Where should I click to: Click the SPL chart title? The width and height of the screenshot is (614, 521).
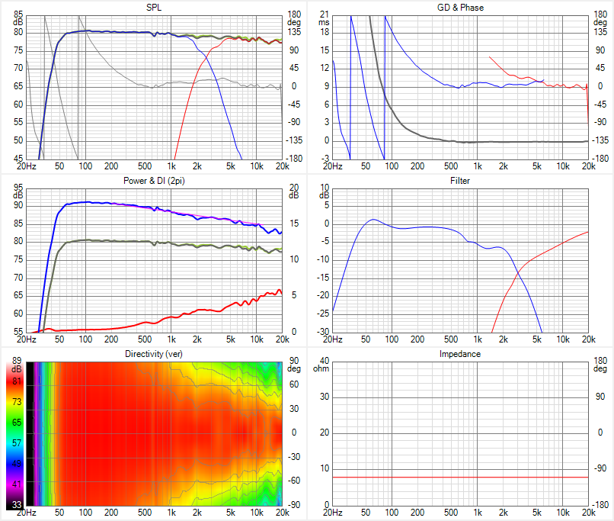pyautogui.click(x=153, y=7)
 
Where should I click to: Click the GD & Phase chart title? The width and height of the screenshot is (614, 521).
pyautogui.click(x=460, y=7)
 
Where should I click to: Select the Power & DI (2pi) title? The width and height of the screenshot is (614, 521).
pyautogui.click(x=153, y=181)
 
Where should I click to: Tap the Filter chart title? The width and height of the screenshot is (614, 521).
pyautogui.click(x=460, y=181)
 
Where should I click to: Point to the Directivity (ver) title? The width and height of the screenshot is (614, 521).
pyautogui.click(x=153, y=354)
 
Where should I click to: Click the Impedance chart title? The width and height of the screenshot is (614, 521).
pyautogui.click(x=460, y=354)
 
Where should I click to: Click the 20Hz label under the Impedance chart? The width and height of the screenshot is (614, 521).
pyautogui.click(x=332, y=512)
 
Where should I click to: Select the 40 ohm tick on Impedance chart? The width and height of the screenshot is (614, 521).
pyautogui.click(x=324, y=361)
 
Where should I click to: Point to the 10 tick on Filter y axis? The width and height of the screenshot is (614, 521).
pyautogui.click(x=324, y=188)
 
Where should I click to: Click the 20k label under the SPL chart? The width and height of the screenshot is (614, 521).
pyautogui.click(x=282, y=166)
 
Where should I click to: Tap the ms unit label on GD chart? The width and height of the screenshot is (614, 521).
pyautogui.click(x=324, y=23)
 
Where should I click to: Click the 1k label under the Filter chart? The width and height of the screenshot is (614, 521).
pyautogui.click(x=478, y=339)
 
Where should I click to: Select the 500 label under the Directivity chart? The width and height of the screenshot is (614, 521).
pyautogui.click(x=146, y=512)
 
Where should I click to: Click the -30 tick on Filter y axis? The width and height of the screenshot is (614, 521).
pyautogui.click(x=322, y=332)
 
